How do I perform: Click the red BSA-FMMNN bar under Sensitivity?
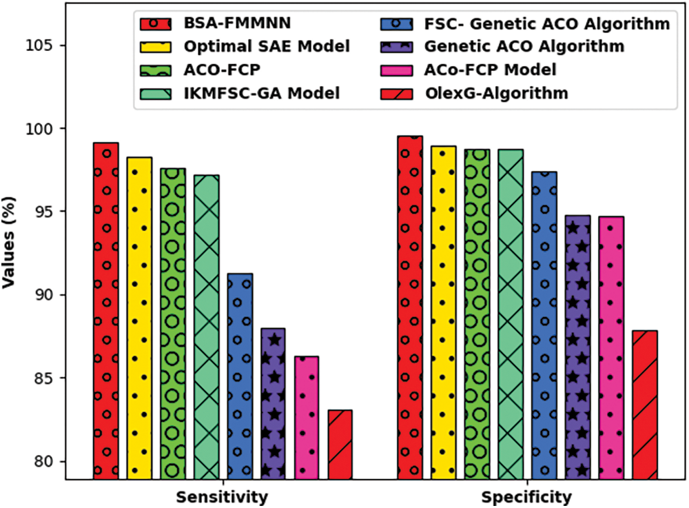click(106, 310)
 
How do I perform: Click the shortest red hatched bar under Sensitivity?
click(340, 444)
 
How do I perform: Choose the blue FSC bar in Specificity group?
click(544, 325)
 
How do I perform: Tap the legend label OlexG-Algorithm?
click(497, 92)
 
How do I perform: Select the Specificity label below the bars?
click(526, 497)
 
